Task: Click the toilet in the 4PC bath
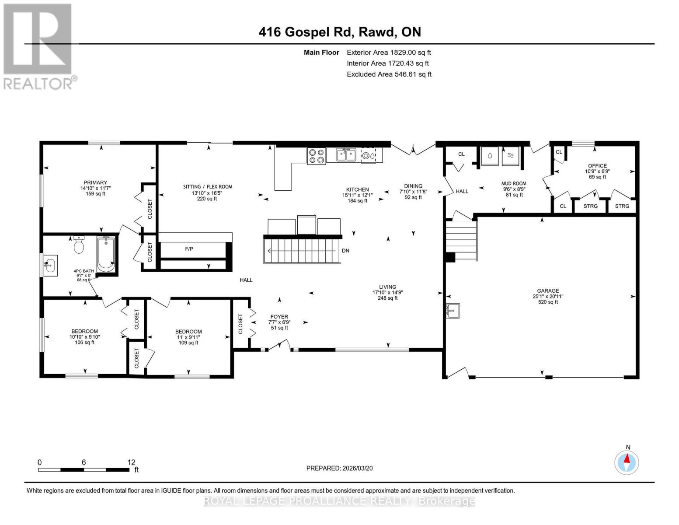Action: pyautogui.click(x=79, y=245)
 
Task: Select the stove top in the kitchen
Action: pyautogui.click(x=317, y=156)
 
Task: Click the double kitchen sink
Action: pyautogui.click(x=345, y=155)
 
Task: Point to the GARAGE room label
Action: pyautogui.click(x=548, y=291)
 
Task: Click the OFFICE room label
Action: pyautogui.click(x=597, y=166)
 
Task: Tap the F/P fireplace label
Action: pyautogui.click(x=189, y=249)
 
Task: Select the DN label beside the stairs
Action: pyautogui.click(x=345, y=251)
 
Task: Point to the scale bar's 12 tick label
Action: pyautogui.click(x=131, y=462)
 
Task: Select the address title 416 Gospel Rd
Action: pyautogui.click(x=340, y=32)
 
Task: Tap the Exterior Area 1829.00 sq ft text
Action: pyautogui.click(x=389, y=52)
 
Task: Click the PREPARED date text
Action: pyautogui.click(x=339, y=468)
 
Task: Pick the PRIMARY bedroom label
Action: pyautogui.click(x=95, y=183)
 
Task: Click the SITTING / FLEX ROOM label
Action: pyautogui.click(x=207, y=187)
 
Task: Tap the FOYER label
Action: pyautogui.click(x=279, y=317)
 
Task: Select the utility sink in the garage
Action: pyautogui.click(x=453, y=311)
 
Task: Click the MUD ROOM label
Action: pyautogui.click(x=514, y=184)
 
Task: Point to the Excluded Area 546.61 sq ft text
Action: pyautogui.click(x=389, y=74)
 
